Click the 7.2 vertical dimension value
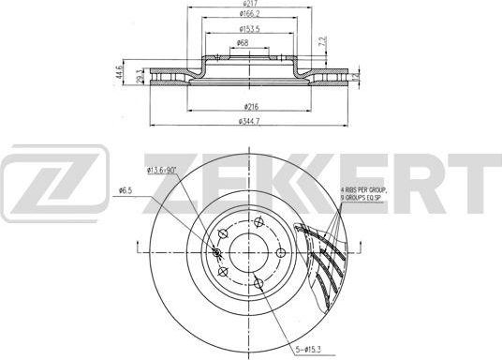pos(322,44)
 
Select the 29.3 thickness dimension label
pos(139,77)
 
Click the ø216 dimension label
pos(250,106)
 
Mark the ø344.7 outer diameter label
pos(249,122)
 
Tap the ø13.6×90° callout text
pos(163,169)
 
